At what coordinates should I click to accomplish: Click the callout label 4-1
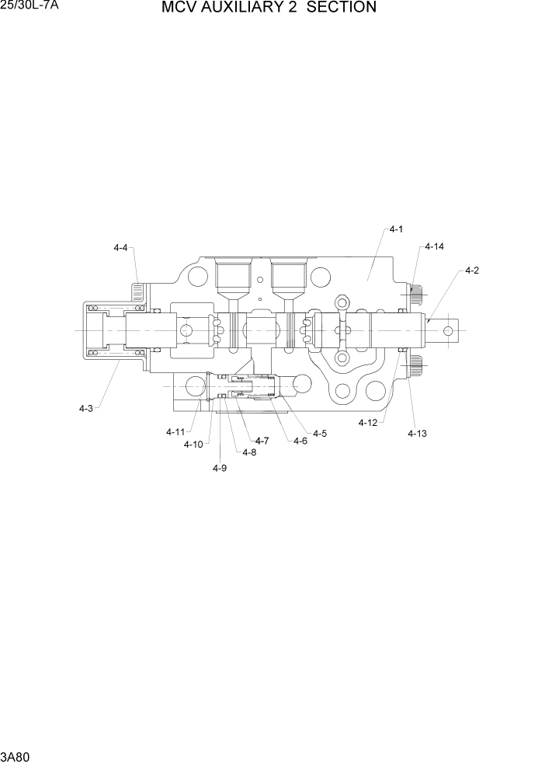396,229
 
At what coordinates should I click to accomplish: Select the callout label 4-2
471,270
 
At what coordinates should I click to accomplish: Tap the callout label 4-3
85,408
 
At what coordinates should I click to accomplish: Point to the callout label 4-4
120,248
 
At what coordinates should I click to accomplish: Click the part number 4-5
320,433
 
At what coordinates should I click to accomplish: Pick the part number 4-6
300,441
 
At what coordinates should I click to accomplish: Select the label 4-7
262,441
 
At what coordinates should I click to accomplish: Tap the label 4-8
249,452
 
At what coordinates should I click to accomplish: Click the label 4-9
220,468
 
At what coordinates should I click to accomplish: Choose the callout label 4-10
193,445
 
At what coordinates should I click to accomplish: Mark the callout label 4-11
175,432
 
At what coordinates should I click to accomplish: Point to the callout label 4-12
368,423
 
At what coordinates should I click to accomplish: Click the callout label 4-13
417,434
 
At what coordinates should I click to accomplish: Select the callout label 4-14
434,246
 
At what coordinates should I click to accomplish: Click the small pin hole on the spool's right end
448,331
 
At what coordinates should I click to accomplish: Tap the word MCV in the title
179,8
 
